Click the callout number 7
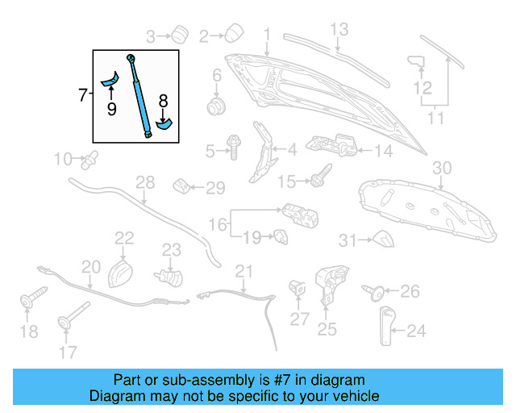coord(83,95)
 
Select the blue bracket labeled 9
coord(110,78)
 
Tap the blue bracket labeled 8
coord(164,123)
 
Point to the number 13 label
coord(339,31)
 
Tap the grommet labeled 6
coord(216,106)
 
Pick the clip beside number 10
coord(89,158)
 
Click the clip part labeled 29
coord(183,189)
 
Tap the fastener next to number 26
coord(376,291)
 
